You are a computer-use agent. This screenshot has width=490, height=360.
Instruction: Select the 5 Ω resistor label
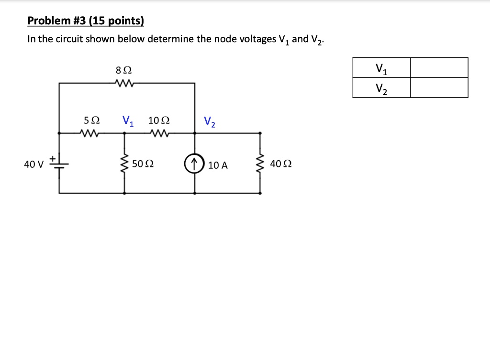click(91, 120)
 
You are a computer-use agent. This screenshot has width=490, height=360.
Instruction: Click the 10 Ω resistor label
click(158, 120)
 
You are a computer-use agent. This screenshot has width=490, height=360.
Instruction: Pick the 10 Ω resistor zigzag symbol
click(158, 133)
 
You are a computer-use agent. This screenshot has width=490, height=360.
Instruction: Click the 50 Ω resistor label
click(143, 164)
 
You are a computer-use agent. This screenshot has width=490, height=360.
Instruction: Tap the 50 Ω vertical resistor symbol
click(125, 164)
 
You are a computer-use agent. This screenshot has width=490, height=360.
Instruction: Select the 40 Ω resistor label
click(281, 164)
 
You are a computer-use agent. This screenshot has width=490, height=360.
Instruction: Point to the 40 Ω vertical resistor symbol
click(260, 164)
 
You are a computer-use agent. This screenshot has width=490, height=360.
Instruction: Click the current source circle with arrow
click(194, 164)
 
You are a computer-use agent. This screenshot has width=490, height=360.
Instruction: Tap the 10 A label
click(218, 165)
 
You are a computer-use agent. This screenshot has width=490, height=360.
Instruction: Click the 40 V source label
click(33, 164)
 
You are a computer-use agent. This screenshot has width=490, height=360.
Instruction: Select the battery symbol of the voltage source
click(59, 164)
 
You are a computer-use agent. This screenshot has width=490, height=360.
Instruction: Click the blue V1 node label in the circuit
click(128, 120)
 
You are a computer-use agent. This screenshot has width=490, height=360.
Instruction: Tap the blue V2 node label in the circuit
click(210, 122)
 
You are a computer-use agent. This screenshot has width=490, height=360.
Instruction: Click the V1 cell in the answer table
click(381, 68)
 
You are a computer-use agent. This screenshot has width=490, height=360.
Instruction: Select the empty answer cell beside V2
click(439, 88)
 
